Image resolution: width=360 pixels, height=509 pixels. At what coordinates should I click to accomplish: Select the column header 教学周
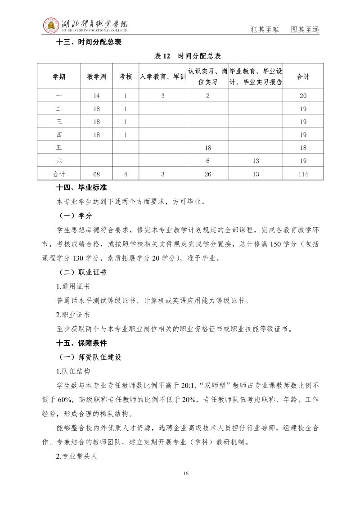pyautogui.click(x=96, y=77)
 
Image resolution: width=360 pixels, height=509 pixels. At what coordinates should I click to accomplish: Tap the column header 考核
pyautogui.click(x=126, y=77)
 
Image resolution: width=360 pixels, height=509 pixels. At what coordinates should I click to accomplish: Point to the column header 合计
pyautogui.click(x=303, y=77)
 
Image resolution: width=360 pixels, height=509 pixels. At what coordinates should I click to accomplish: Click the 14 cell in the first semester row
pyautogui.click(x=96, y=95)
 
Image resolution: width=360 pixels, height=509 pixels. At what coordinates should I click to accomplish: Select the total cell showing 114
pyautogui.click(x=303, y=174)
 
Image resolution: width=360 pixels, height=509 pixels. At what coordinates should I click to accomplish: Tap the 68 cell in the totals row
pyautogui.click(x=96, y=174)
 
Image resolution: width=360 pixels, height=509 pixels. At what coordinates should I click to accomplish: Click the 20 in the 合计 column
pyautogui.click(x=303, y=95)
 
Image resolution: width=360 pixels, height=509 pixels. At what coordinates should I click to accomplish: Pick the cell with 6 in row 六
pyautogui.click(x=208, y=161)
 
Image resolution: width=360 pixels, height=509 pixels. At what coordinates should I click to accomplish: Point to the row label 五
pyautogui.click(x=59, y=148)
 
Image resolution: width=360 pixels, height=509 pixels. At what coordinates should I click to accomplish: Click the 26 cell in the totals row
pyautogui.click(x=208, y=174)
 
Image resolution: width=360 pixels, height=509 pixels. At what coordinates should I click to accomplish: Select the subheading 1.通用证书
pyautogui.click(x=72, y=287)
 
